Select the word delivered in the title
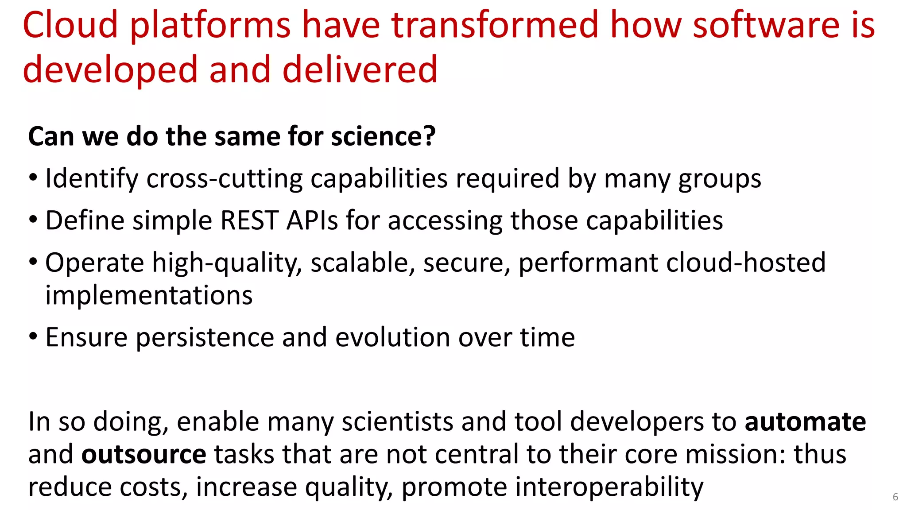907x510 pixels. (360, 70)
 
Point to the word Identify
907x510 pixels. (92, 179)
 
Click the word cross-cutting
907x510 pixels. (225, 179)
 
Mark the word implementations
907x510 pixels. (149, 295)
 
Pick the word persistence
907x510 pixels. (205, 337)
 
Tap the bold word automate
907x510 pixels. (805, 421)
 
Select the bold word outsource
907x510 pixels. (143, 455)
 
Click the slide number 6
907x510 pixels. (895, 497)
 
